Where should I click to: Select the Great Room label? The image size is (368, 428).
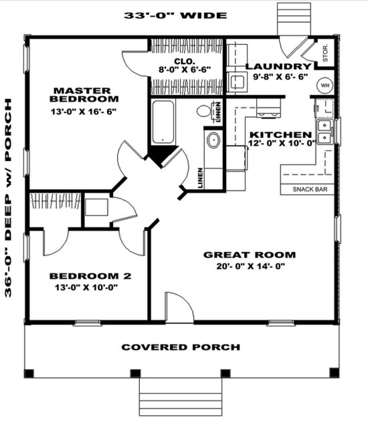pyautogui.click(x=249, y=255)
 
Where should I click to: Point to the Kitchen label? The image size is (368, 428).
pyautogui.click(x=280, y=135)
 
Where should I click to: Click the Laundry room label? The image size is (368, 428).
pyautogui.click(x=278, y=66)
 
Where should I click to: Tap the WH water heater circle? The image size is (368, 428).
pyautogui.click(x=325, y=86)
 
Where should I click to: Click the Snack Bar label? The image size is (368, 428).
pyautogui.click(x=310, y=189)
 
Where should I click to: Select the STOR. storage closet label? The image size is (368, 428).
pyautogui.click(x=325, y=53)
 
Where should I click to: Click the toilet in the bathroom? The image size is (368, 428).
pyautogui.click(x=204, y=111)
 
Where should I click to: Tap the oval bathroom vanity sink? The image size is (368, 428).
pyautogui.click(x=213, y=140)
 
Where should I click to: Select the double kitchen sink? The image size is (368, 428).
pyautogui.click(x=324, y=132)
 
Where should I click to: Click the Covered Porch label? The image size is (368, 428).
pyautogui.click(x=181, y=347)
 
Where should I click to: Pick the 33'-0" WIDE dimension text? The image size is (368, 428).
pyautogui.click(x=175, y=15)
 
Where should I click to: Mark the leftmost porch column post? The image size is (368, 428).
pyautogui.click(x=29, y=373)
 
